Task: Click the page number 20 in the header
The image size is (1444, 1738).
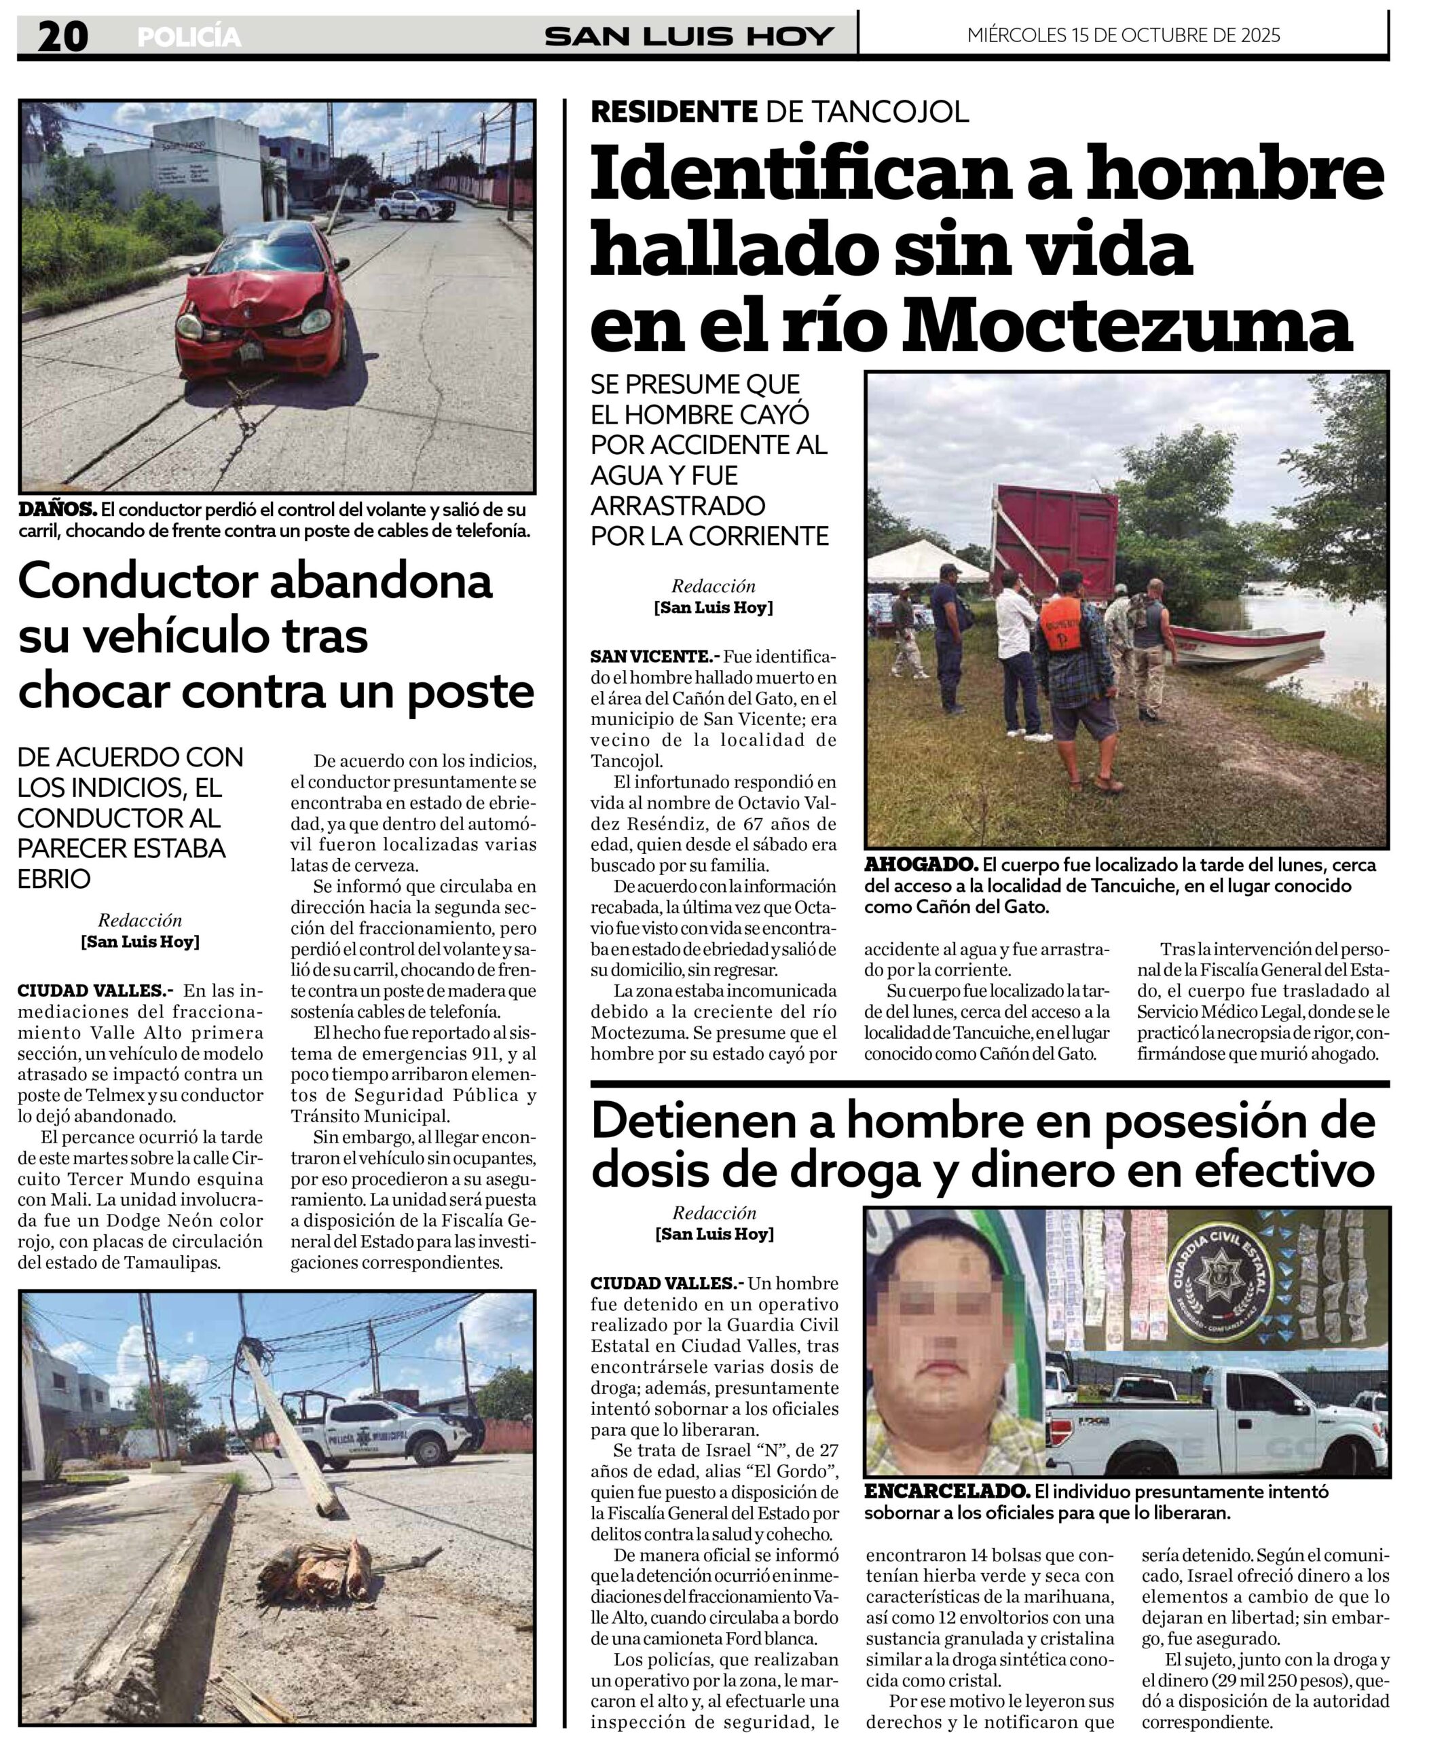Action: click(x=62, y=37)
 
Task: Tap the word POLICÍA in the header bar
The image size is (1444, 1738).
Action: click(x=189, y=37)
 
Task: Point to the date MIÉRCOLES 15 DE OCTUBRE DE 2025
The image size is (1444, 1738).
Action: click(x=1123, y=35)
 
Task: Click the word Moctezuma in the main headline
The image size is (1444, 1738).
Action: click(x=1126, y=325)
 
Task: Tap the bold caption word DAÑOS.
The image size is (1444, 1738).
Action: click(x=57, y=509)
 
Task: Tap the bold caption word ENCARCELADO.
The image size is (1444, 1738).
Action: click(x=946, y=1491)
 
